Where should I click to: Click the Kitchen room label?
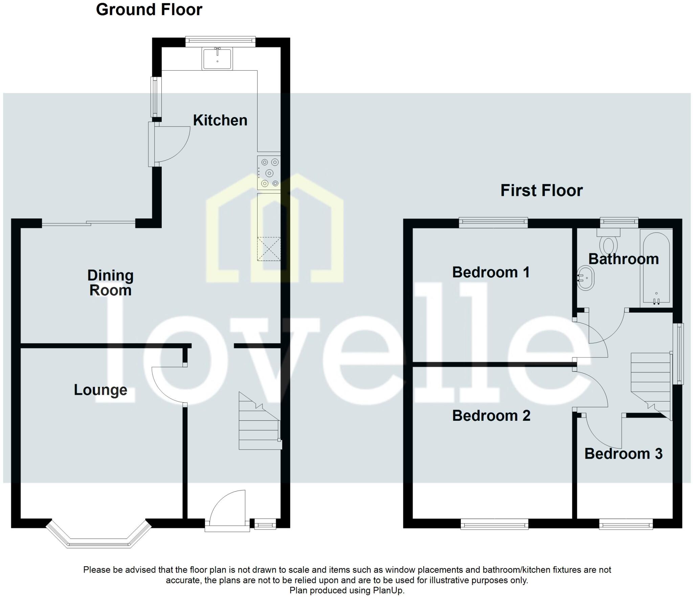(x=220, y=120)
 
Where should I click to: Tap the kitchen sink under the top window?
(x=217, y=59)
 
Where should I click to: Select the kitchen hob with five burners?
(x=269, y=173)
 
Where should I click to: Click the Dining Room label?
(x=110, y=283)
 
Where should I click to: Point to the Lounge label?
(x=100, y=390)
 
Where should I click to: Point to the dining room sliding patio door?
(x=89, y=223)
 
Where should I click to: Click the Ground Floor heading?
(x=149, y=9)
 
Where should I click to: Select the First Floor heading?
(x=541, y=190)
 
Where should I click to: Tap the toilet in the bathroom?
(x=608, y=242)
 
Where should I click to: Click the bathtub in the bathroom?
(x=656, y=267)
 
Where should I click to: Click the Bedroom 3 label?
(x=623, y=454)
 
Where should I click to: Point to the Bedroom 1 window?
(x=493, y=222)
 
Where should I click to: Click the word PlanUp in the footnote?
(x=388, y=590)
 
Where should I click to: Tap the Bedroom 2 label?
(x=491, y=416)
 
